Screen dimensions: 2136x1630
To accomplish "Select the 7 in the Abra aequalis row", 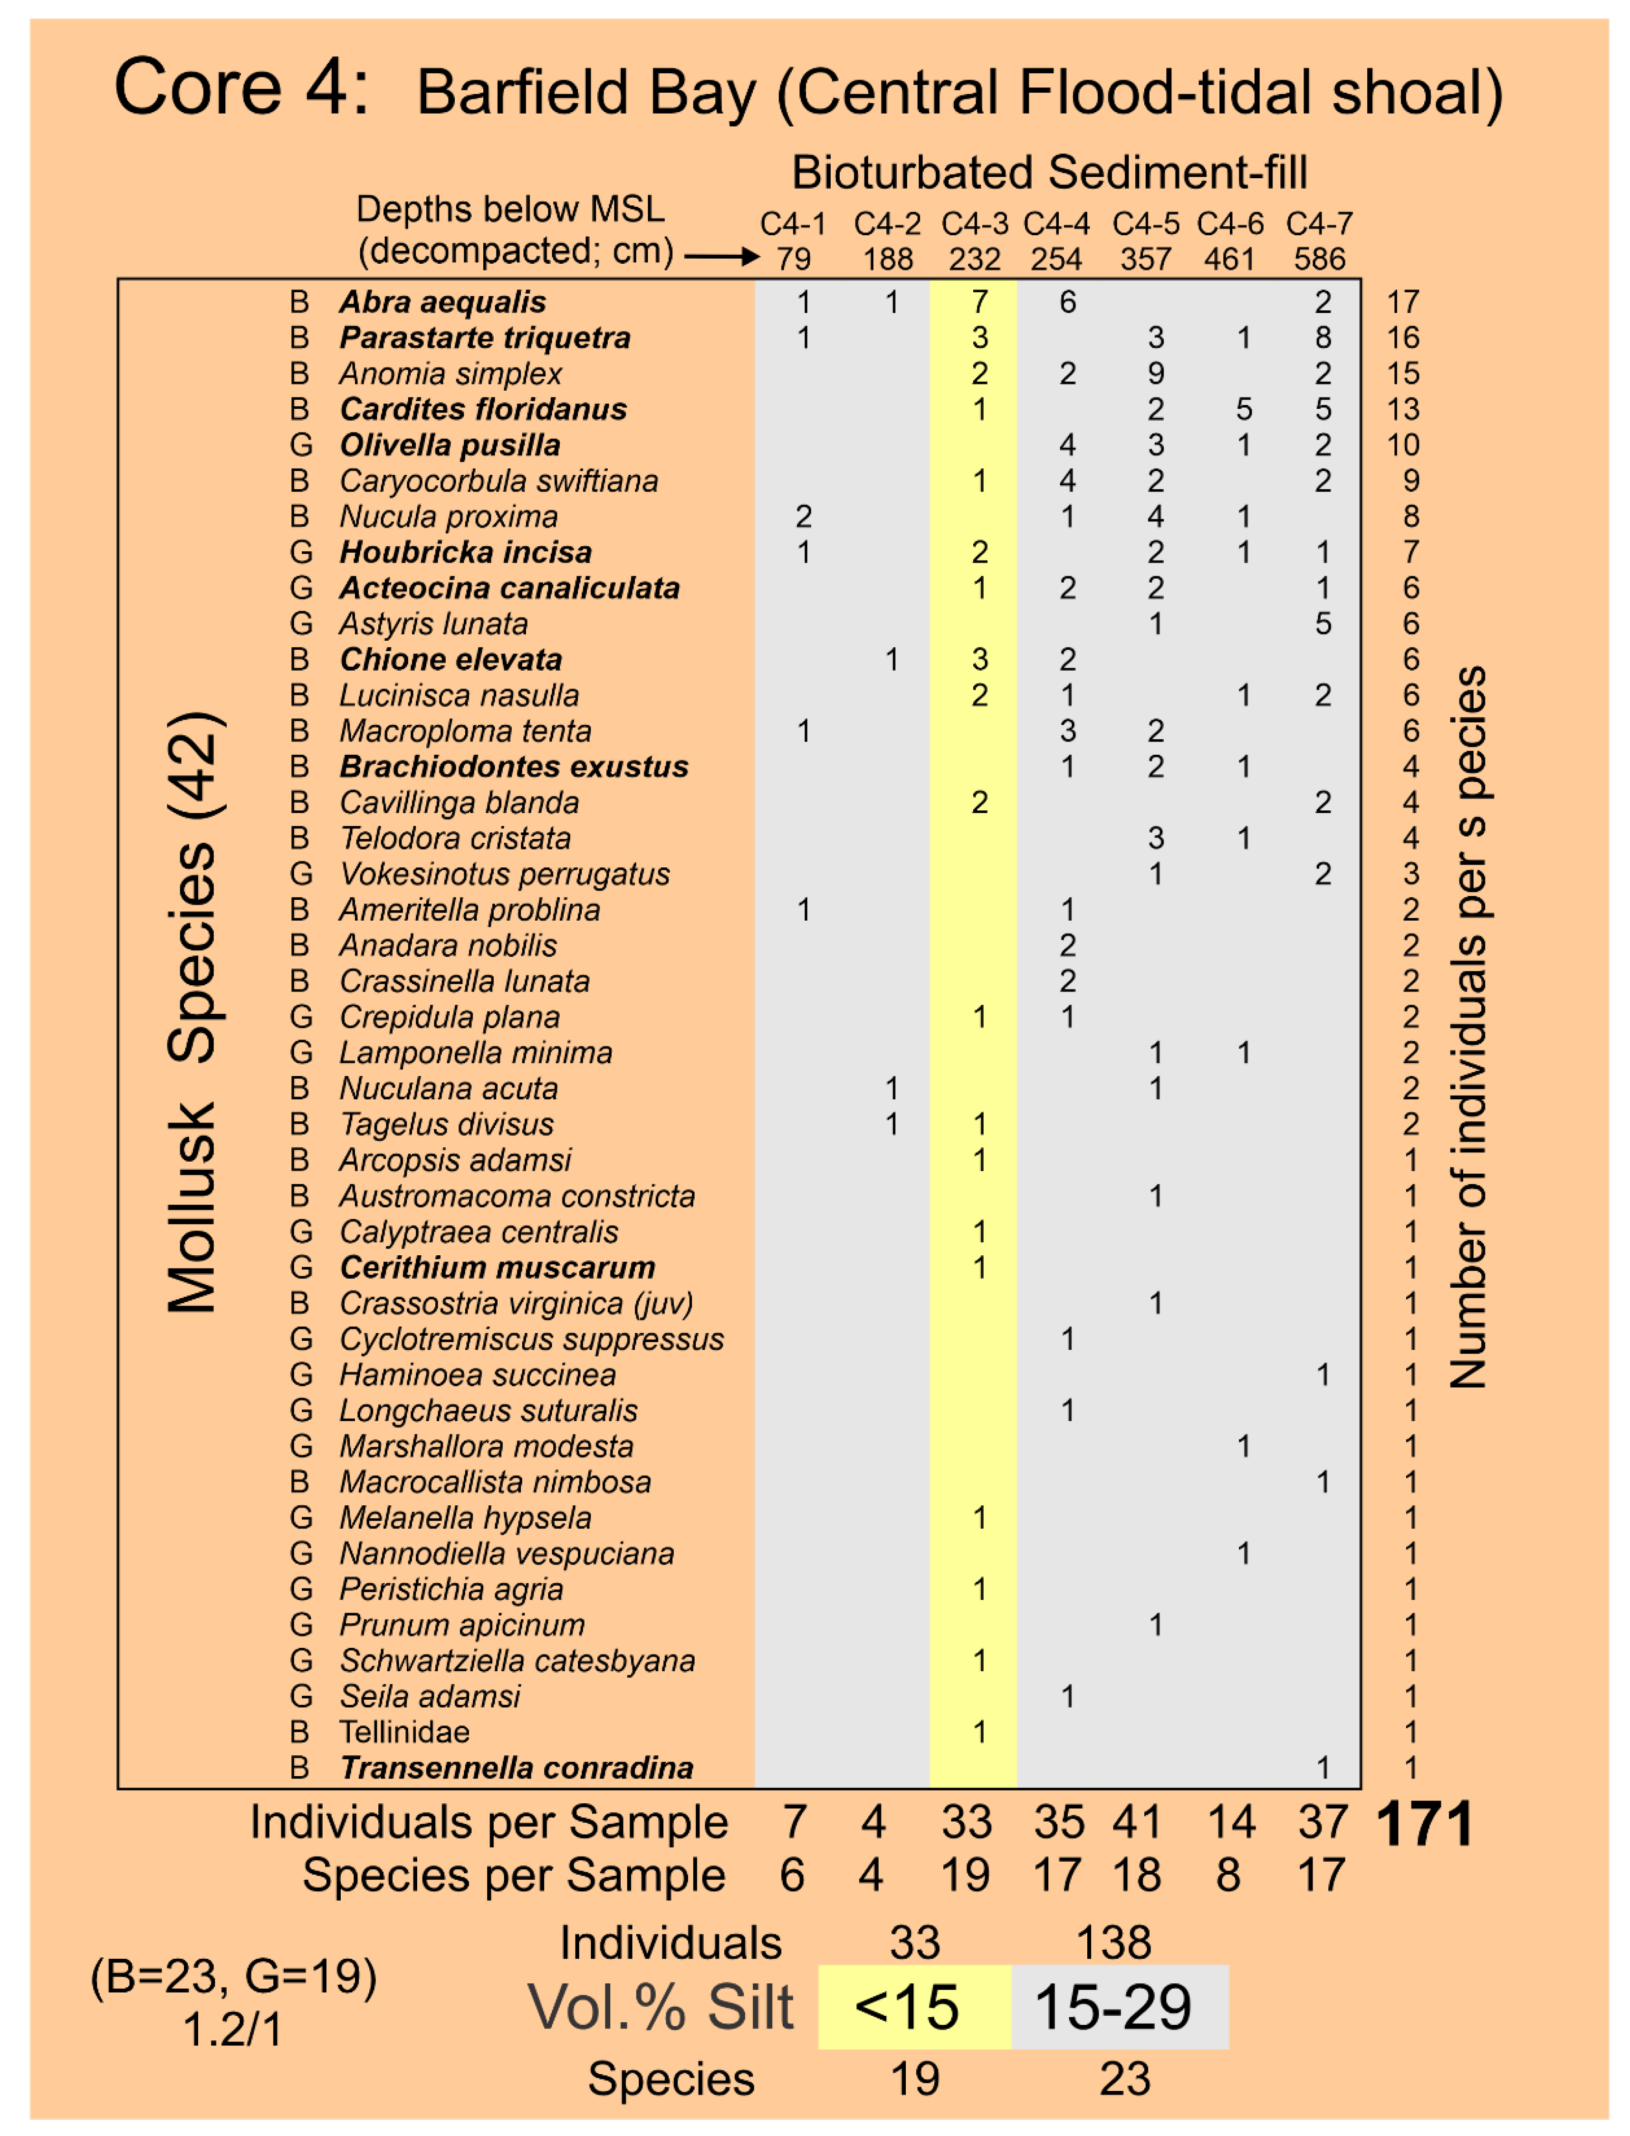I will [980, 302].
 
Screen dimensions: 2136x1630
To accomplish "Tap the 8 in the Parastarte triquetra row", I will [1323, 338].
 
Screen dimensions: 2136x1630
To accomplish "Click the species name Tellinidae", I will [403, 1732].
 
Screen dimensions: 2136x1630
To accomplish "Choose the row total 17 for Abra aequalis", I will [1403, 302].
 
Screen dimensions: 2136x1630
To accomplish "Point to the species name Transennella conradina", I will [516, 1768].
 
